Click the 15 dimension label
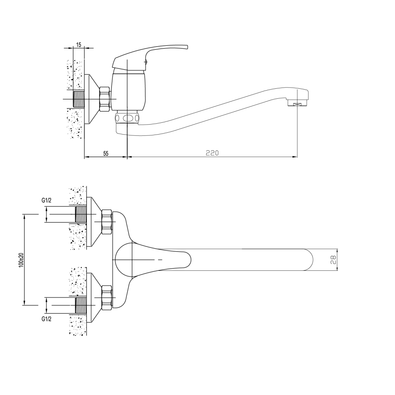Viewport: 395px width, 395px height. coord(79,45)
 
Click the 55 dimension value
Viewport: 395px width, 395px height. coord(106,154)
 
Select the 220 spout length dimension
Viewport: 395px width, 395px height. coord(213,153)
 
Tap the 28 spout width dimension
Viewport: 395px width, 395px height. coord(333,260)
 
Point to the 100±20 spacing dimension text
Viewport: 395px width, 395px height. coord(21,260)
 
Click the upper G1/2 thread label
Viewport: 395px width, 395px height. coord(46,201)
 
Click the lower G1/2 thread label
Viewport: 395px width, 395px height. coord(46,319)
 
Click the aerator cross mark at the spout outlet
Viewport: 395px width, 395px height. coord(298,104)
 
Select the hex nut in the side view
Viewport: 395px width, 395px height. coord(105,99)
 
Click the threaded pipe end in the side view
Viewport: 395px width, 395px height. coord(78,99)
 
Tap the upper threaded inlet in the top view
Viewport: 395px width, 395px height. coord(81,214)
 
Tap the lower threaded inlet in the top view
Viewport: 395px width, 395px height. coord(81,306)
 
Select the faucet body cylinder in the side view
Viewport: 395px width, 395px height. coord(128,91)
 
